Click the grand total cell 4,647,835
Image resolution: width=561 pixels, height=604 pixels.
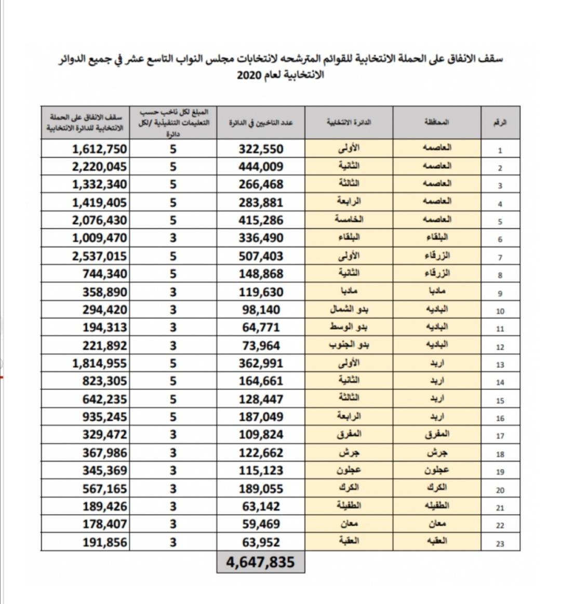coord(260,562)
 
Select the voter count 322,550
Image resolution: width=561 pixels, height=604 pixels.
coord(261,149)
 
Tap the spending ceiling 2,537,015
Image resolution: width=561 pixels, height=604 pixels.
coord(99,256)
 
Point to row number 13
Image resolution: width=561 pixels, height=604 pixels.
coord(500,365)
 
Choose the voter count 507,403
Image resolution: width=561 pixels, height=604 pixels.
coord(261,256)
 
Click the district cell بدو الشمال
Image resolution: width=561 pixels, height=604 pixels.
coord(349,310)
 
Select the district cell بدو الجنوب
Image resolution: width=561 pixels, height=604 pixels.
coord(349,345)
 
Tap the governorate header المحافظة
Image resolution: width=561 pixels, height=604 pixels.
coord(437,123)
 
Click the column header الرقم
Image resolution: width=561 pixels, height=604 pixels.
coord(500,123)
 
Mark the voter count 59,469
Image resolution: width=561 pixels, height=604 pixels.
coord(261,524)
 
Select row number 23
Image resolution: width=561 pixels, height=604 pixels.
coord(500,544)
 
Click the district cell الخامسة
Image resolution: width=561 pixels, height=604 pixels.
coord(349,220)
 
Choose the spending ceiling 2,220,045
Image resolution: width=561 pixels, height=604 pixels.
coord(99,167)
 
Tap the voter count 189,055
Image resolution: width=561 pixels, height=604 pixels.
coord(261,489)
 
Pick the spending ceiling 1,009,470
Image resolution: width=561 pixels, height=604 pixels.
coord(99,238)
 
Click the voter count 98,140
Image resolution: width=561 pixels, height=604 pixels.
coord(261,310)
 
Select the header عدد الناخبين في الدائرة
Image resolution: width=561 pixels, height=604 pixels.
coord(261,123)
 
